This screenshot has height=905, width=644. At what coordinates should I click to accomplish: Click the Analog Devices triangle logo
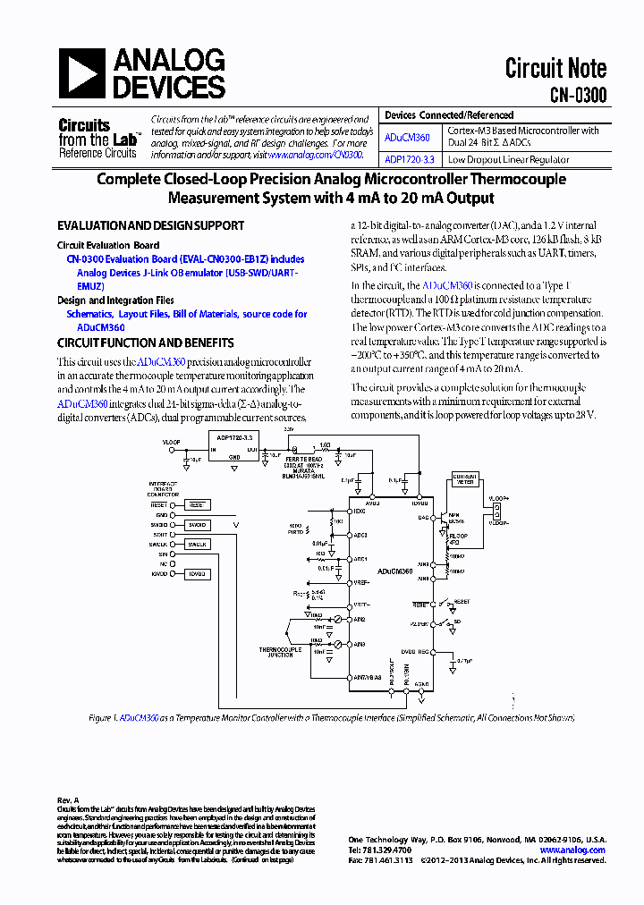82,74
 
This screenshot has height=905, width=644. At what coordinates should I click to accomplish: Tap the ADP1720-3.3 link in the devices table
410,160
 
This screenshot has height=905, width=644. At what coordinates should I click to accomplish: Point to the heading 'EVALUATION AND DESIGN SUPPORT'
150,226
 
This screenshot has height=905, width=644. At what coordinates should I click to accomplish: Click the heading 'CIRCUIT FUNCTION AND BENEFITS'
146,343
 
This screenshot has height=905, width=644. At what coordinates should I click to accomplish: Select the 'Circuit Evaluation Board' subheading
108,245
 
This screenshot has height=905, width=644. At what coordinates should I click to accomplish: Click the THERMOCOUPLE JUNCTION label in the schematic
275,652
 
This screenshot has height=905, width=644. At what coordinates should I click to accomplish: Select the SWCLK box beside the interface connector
197,543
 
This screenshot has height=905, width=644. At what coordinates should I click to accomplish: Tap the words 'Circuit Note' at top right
555,68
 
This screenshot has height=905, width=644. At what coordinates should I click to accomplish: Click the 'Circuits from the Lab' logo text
97,139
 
